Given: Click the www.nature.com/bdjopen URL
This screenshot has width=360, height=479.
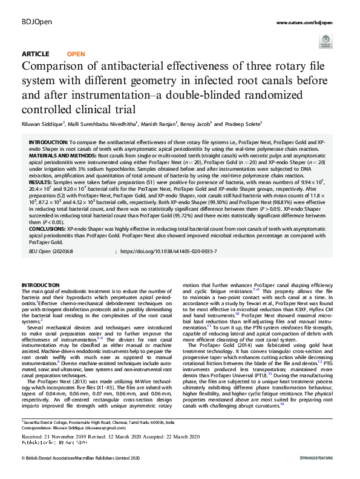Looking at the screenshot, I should [x=306, y=22].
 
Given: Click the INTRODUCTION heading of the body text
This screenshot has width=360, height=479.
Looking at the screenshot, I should [x=41, y=285].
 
